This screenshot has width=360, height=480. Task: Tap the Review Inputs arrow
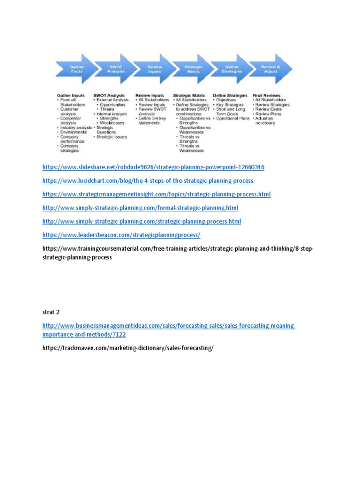coord(154,69)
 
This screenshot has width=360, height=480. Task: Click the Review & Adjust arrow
coord(270,69)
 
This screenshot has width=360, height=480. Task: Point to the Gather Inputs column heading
coord(71,95)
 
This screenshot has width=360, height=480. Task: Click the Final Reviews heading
coord(266,95)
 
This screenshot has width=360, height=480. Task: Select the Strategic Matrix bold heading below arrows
coord(189,95)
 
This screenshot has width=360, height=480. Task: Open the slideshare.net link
coord(150,167)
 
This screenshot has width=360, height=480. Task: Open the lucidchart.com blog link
coord(148,180)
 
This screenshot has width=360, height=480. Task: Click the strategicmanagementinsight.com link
coord(156,194)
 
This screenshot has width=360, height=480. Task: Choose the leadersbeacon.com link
coord(121,234)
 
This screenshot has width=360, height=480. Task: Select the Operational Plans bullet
coord(233,119)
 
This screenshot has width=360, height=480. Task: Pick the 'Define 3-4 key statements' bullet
coord(153,120)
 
